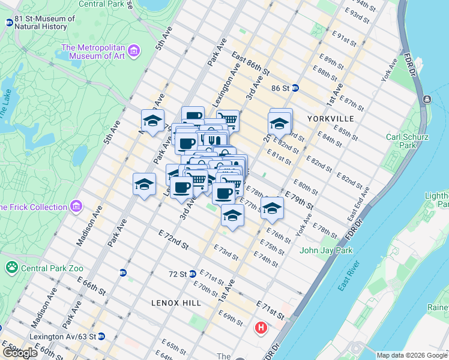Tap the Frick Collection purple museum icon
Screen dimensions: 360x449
click(x=76, y=207)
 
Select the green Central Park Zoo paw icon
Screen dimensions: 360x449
click(x=11, y=267)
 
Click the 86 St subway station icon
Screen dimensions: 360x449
click(x=295, y=88)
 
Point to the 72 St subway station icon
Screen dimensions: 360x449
click(x=193, y=274)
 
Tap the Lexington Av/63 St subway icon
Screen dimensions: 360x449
click(x=101, y=336)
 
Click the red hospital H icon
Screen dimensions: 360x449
click(x=261, y=328)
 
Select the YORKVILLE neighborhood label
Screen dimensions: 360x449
click(x=330, y=119)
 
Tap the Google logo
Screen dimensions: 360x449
click(x=19, y=353)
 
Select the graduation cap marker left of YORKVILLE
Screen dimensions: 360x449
click(x=279, y=123)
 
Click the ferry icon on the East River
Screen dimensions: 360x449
click(x=427, y=99)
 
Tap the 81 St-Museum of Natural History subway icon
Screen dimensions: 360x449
click(x=9, y=23)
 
